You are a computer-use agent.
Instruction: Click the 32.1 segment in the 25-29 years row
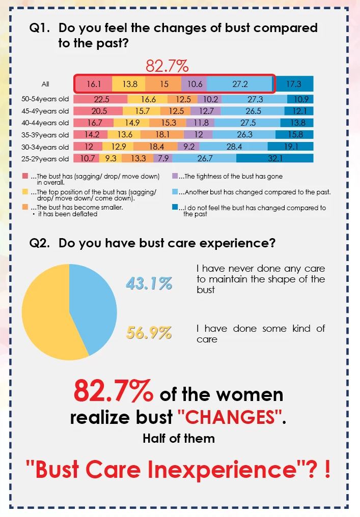275,159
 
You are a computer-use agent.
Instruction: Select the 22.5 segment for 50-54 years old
100,100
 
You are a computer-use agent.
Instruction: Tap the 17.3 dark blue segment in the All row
294,84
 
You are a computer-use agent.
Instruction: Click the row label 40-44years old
49,123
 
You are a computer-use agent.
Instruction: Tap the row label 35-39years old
49,135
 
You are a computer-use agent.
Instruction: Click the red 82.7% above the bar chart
167,66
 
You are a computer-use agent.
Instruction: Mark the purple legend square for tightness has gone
175,176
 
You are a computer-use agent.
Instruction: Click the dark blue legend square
175,208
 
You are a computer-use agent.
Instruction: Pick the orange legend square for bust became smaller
25,208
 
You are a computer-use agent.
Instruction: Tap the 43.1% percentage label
149,283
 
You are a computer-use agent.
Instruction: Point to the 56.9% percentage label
149,333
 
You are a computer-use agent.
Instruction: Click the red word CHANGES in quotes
230,417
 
